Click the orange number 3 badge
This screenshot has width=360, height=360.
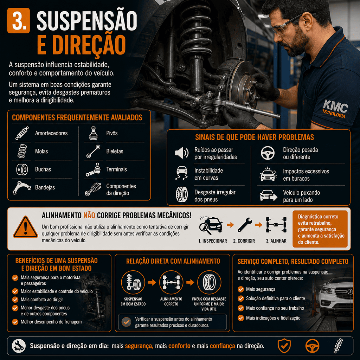pyautogui.click(x=19, y=20)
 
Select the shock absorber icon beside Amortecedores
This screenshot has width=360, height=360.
pyautogui.click(x=22, y=133)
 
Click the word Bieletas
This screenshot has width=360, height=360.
pyautogui.click(x=115, y=151)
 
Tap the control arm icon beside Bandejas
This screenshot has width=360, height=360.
pyautogui.click(x=21, y=188)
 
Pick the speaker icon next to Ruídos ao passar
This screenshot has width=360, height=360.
pyautogui.click(x=182, y=153)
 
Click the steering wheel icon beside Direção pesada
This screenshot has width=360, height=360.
pyautogui.click(x=268, y=153)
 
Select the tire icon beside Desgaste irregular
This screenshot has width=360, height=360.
pyautogui.click(x=182, y=194)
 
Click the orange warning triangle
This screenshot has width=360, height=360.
pyautogui.click(x=25, y=227)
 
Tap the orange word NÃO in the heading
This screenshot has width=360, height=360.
pyautogui.click(x=89, y=216)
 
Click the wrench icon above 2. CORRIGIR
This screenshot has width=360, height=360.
pyautogui.click(x=245, y=225)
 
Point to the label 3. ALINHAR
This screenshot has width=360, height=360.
pyautogui.click(x=276, y=241)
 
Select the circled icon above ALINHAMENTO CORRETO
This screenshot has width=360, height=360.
pyautogui.click(x=171, y=282)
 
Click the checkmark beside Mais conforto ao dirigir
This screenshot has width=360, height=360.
pyautogui.click(x=15, y=300)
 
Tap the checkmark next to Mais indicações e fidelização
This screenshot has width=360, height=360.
pyautogui.click(x=240, y=318)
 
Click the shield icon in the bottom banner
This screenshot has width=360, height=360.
pyautogui.click(x=284, y=346)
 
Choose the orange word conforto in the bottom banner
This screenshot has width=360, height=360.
pyautogui.click(x=179, y=346)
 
